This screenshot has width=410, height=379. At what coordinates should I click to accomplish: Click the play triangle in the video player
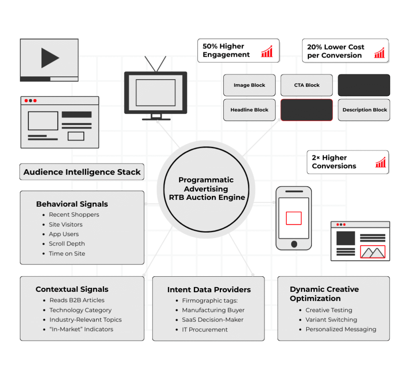[x=49, y=58]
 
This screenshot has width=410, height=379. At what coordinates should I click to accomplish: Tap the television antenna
[x=155, y=64]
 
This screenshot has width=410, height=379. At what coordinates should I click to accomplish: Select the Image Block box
[x=249, y=85]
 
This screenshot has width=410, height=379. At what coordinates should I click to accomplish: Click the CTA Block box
[x=307, y=85]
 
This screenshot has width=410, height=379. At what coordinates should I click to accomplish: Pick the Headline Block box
[x=249, y=110]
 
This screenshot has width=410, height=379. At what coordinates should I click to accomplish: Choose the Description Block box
[x=364, y=110]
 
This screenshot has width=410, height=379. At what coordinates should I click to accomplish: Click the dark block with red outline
[x=307, y=110]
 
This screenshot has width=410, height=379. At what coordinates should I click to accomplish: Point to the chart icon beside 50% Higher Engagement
[x=267, y=51]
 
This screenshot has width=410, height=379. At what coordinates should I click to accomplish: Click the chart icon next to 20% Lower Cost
[x=379, y=52]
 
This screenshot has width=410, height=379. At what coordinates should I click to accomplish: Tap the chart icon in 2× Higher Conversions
[x=380, y=162]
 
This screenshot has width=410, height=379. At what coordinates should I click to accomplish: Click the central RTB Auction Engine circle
[x=206, y=189]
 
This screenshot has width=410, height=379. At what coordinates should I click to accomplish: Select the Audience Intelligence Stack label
[x=82, y=172]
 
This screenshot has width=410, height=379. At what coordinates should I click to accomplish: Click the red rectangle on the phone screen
[x=293, y=218]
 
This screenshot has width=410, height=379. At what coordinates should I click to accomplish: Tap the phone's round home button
[x=294, y=244]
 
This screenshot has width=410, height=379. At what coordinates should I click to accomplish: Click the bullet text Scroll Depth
[x=67, y=244]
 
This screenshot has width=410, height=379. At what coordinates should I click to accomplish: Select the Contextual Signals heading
[x=72, y=289]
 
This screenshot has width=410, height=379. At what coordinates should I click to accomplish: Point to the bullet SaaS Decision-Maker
[x=213, y=320]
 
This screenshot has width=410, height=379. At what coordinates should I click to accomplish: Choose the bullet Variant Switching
[x=331, y=320]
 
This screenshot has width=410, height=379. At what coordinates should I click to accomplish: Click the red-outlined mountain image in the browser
[x=372, y=252]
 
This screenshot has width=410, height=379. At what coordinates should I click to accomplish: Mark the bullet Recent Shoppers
[x=74, y=215]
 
